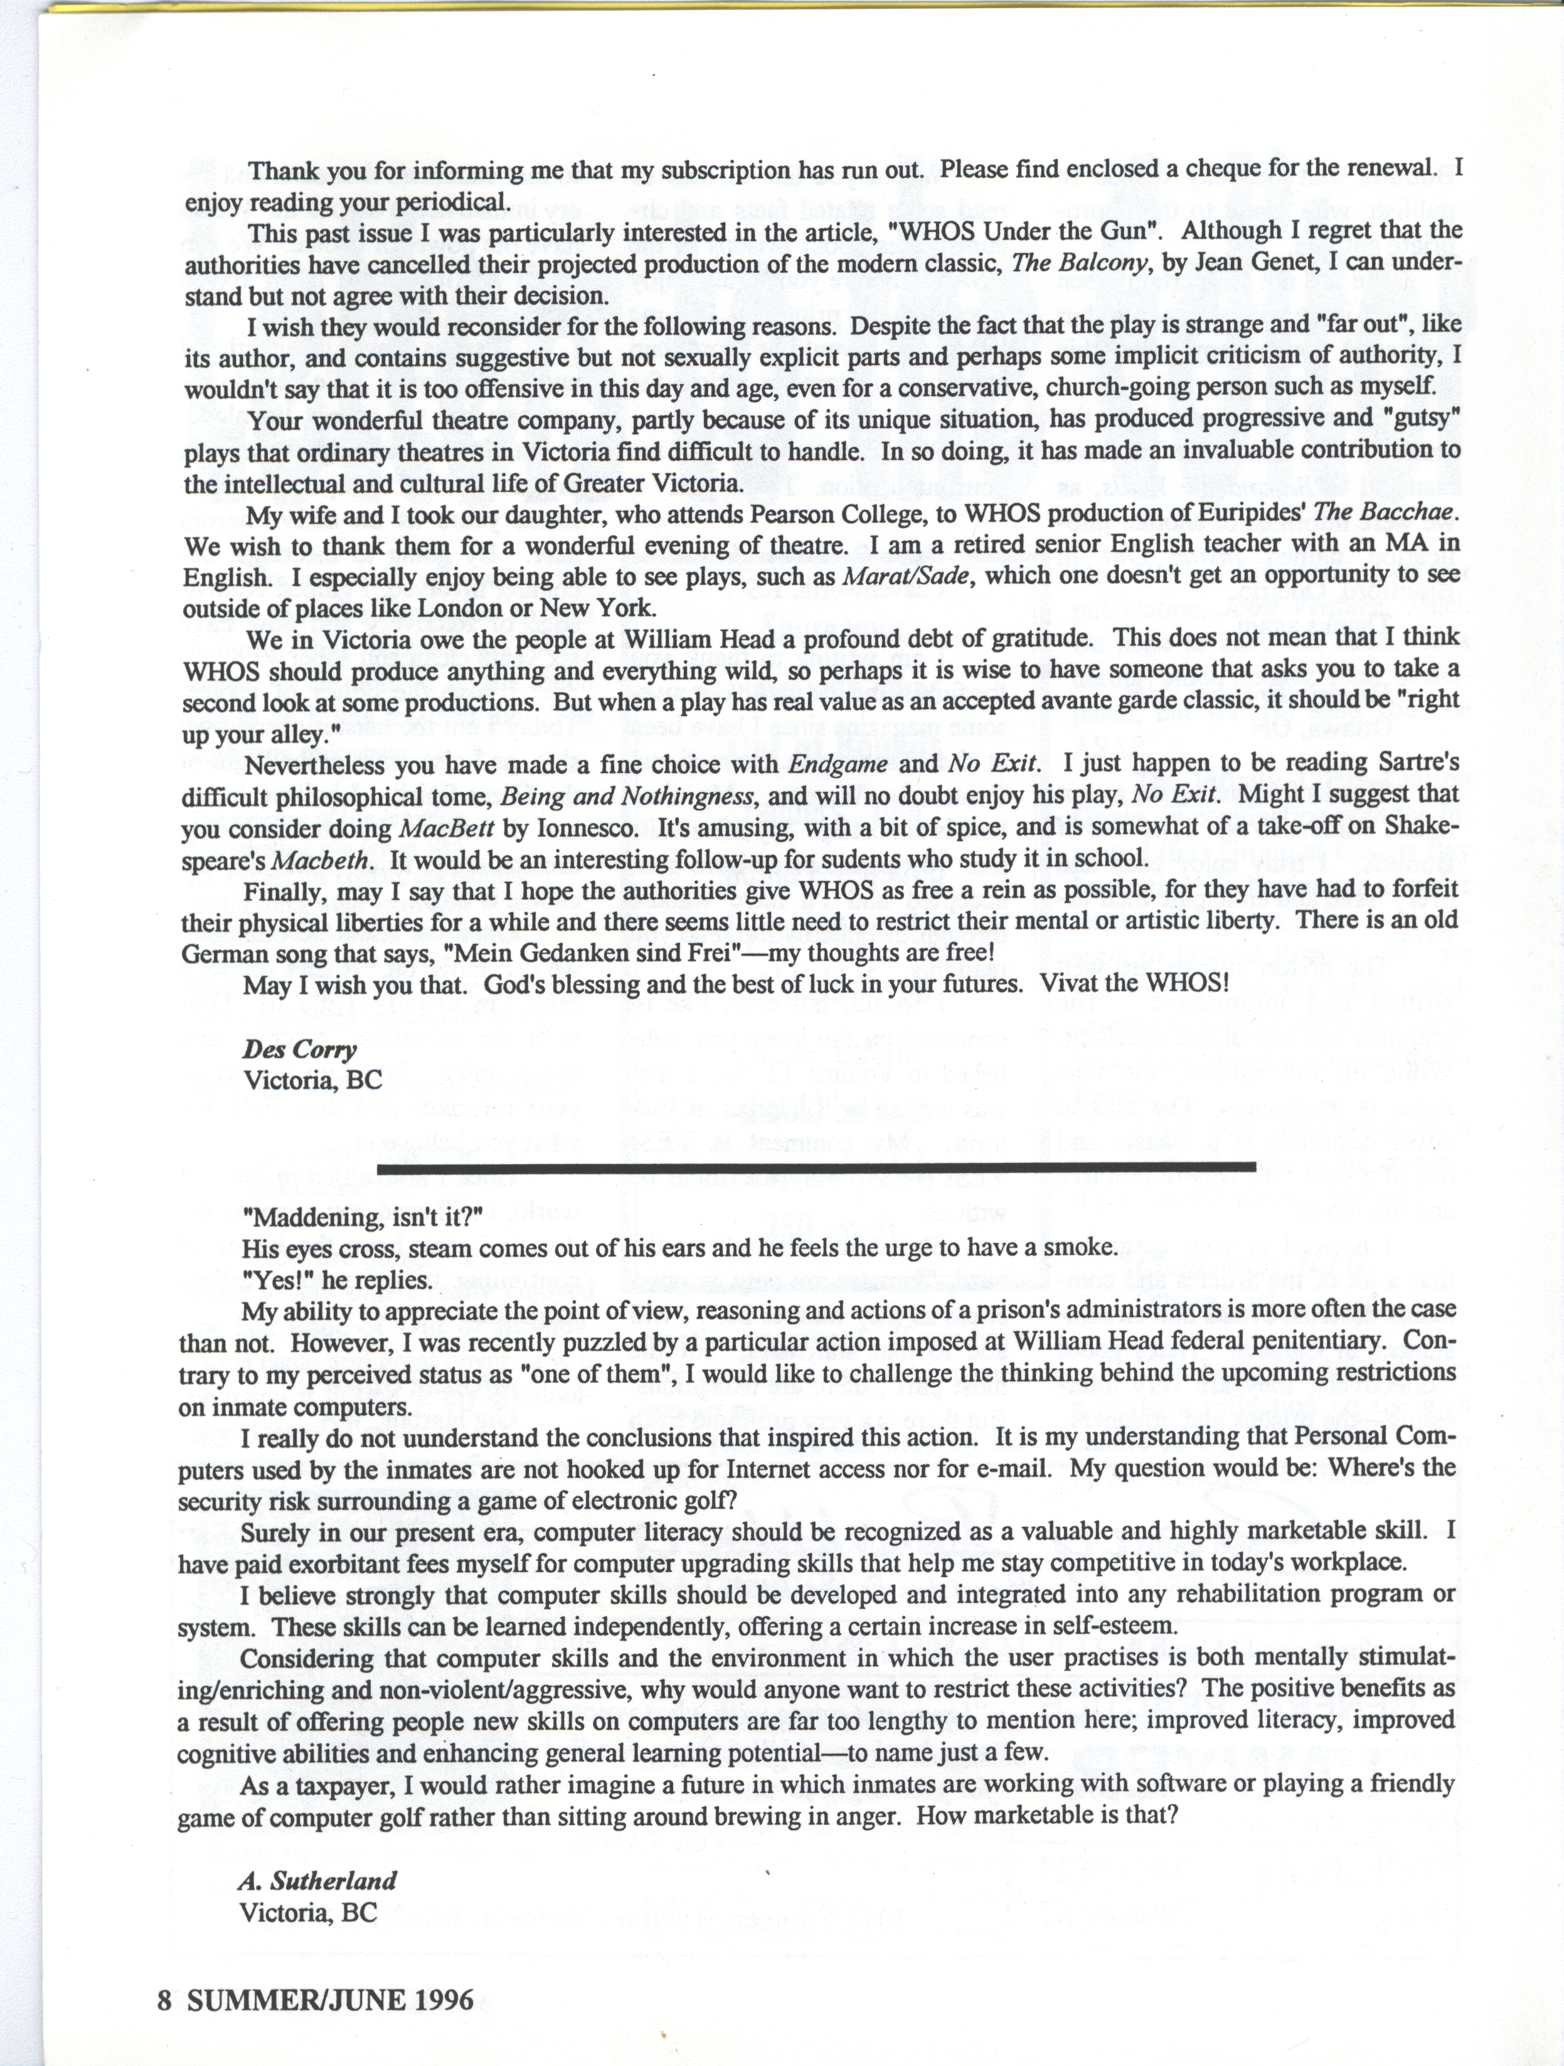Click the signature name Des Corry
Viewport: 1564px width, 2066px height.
tap(300, 1050)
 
